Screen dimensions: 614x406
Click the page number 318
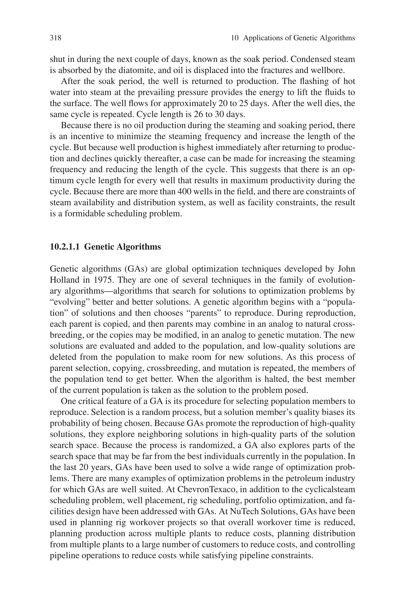point(56,38)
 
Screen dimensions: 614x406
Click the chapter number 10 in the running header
point(234,38)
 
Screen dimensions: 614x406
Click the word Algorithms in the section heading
point(139,247)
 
